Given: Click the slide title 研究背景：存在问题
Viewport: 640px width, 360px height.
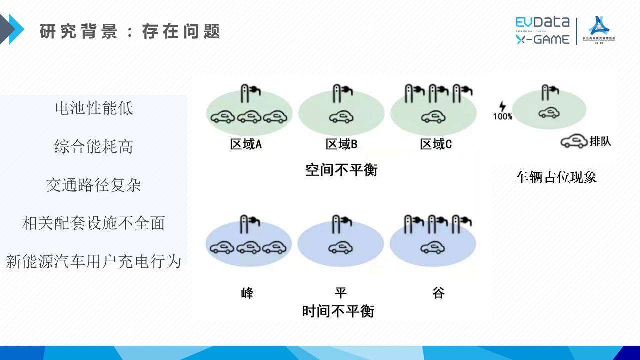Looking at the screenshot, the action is coord(130,32).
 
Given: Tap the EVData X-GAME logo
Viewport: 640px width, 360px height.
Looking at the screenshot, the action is coord(543,31).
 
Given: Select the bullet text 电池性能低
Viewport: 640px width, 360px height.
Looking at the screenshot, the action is coord(94,108).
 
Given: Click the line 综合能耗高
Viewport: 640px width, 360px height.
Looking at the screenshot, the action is coord(94,146).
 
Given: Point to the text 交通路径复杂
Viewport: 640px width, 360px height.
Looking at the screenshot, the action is coord(94,185).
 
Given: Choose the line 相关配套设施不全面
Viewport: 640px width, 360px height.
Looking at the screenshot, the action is coord(94,223).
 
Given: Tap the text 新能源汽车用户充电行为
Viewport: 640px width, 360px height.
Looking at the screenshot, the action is coord(94,261).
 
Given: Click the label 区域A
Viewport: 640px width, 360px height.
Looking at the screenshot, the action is coord(246,145).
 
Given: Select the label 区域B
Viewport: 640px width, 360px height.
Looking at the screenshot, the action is coord(341,145).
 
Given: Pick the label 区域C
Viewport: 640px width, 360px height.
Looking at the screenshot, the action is coord(436,145).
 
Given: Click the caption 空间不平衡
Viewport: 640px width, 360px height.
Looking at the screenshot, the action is coord(341,170).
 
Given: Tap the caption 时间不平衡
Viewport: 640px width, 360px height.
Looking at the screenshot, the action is coord(338,312).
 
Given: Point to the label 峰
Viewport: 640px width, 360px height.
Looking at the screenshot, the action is coord(247,293).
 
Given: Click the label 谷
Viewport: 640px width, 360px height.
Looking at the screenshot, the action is coord(438,293).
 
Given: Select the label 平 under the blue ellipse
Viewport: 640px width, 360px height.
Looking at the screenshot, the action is coord(341,293).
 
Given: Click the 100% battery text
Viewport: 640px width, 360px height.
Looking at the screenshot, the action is coord(503,117).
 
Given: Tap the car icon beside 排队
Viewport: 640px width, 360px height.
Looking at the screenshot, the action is coord(573,142).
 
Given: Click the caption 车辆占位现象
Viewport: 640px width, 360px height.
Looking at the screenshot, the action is coord(556,177).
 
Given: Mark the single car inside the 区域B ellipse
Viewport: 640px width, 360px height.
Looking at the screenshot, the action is coord(341,117).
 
